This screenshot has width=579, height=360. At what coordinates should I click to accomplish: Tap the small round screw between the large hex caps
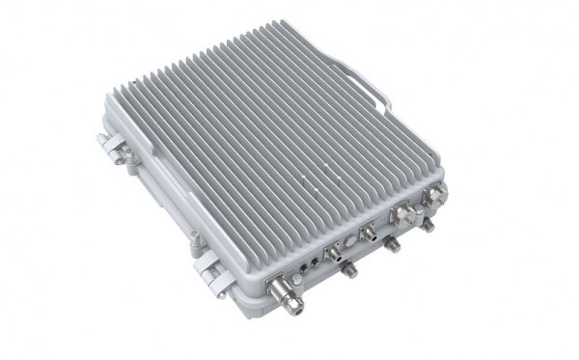[x=417, y=204]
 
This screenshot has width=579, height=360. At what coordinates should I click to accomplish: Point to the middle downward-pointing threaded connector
[x=395, y=247]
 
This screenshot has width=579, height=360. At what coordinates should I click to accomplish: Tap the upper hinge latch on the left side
[x=113, y=146]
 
